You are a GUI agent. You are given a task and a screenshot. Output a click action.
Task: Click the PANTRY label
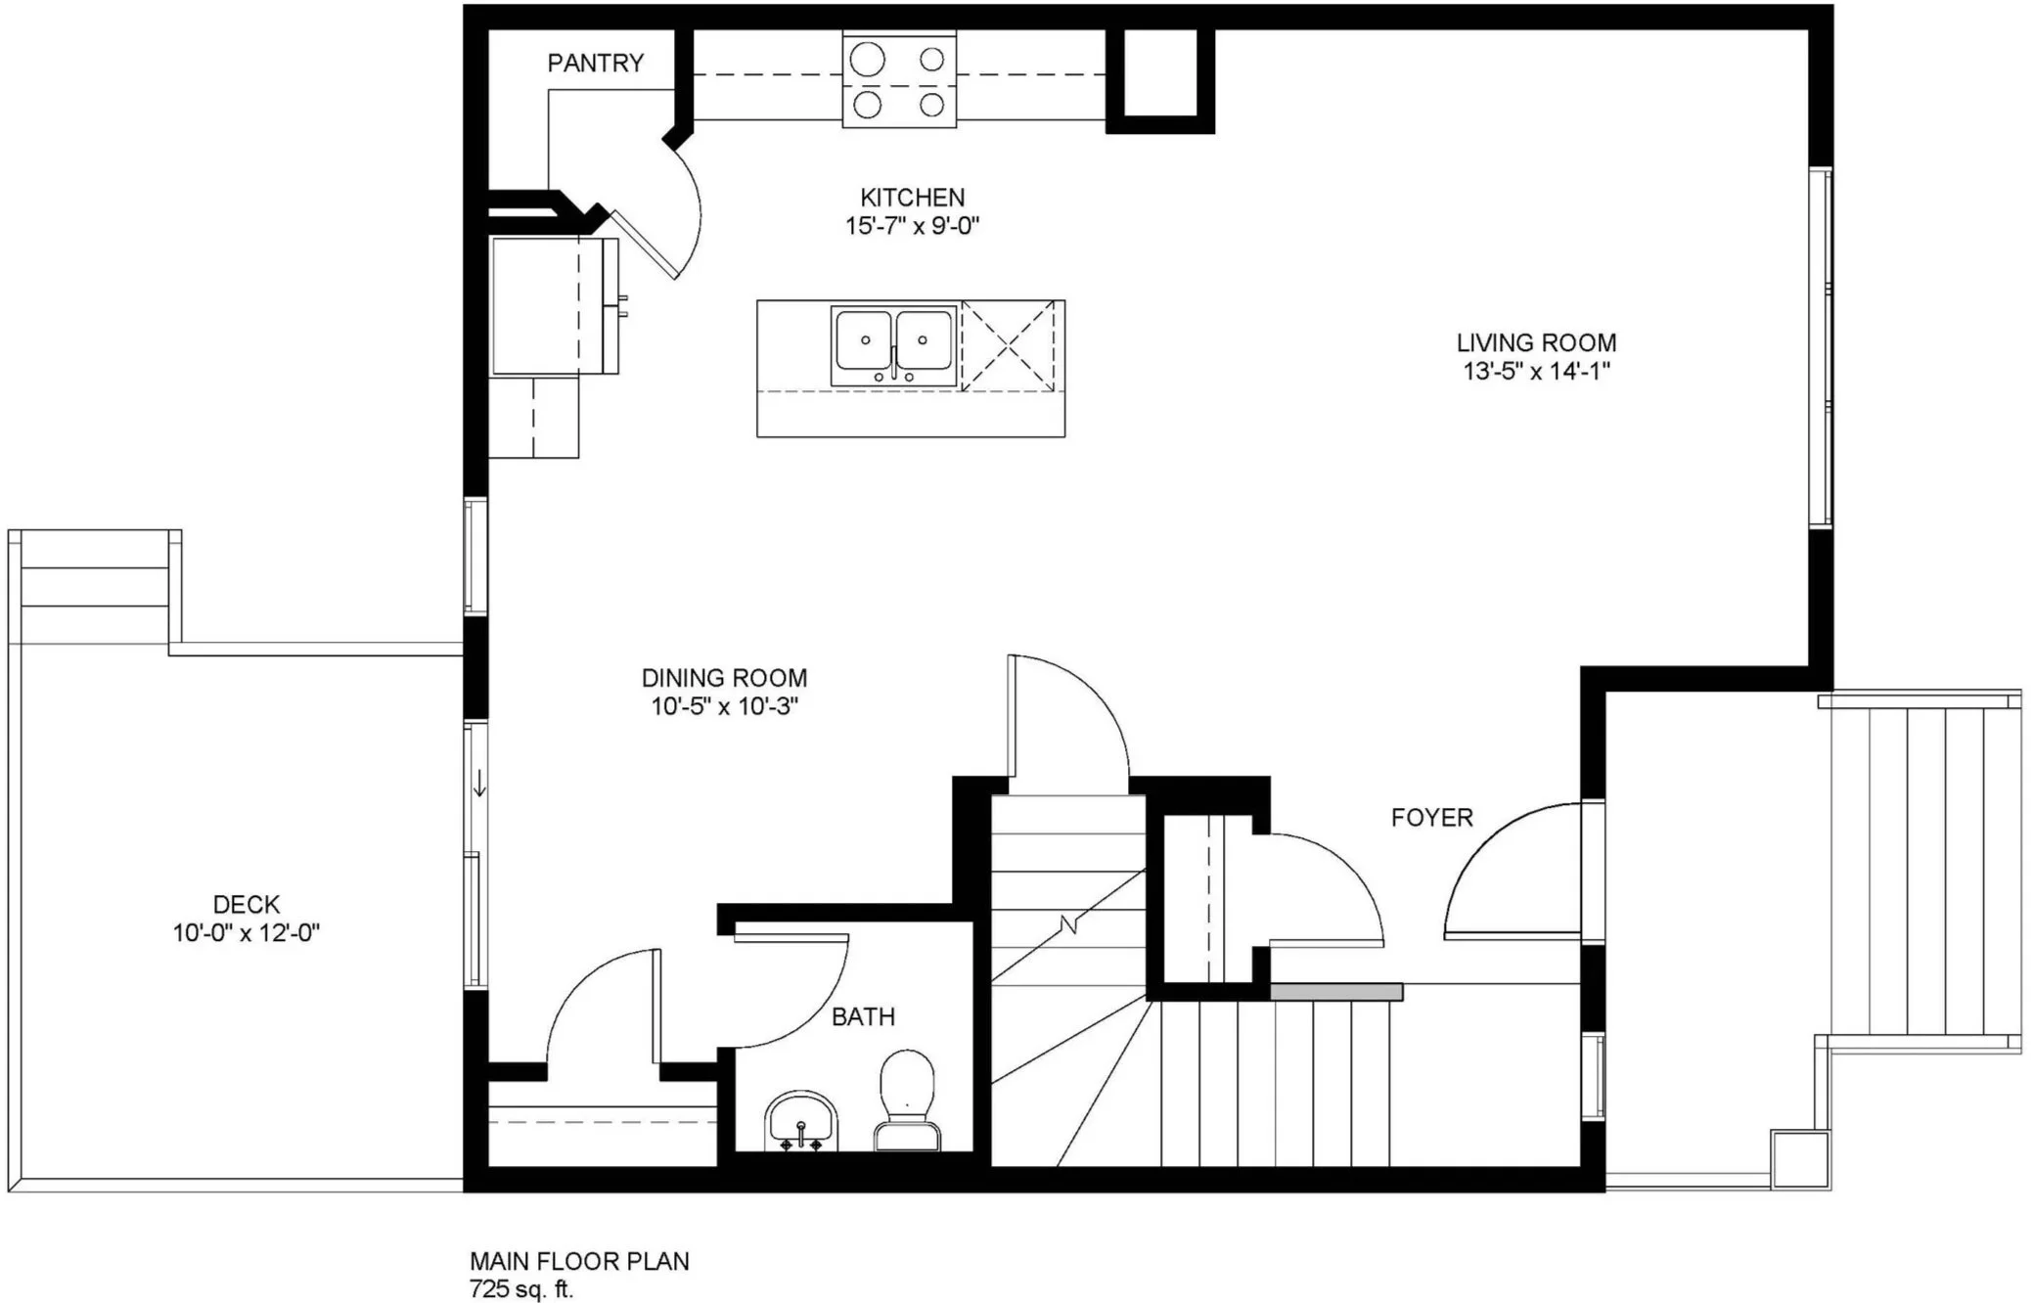[x=595, y=63]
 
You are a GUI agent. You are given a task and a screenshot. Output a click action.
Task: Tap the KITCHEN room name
[x=912, y=198]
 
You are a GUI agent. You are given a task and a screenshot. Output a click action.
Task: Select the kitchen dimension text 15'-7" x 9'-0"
[x=912, y=226]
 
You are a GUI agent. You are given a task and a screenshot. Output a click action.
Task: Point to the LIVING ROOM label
[x=1536, y=343]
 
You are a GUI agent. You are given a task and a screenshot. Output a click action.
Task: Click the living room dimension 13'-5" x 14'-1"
[x=1536, y=372]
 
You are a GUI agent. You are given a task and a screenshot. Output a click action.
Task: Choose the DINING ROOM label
[x=724, y=678]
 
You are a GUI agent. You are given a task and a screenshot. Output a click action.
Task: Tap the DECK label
[x=247, y=905]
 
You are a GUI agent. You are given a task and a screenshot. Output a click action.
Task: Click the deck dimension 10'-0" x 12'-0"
[x=247, y=933]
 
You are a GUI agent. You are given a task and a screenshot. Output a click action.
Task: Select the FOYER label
[x=1432, y=818]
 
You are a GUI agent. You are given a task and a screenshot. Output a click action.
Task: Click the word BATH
[x=863, y=1017]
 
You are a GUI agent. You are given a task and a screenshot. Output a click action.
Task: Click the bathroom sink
[x=801, y=1121]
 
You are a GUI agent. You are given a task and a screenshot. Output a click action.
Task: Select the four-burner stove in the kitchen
[x=899, y=78]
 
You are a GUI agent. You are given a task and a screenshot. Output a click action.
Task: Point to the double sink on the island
[x=892, y=346]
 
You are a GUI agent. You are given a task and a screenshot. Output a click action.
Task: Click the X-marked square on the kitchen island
[x=1009, y=346]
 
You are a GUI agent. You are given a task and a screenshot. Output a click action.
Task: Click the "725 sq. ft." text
[x=521, y=1289]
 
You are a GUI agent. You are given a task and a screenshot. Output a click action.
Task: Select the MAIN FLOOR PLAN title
[x=579, y=1262]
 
